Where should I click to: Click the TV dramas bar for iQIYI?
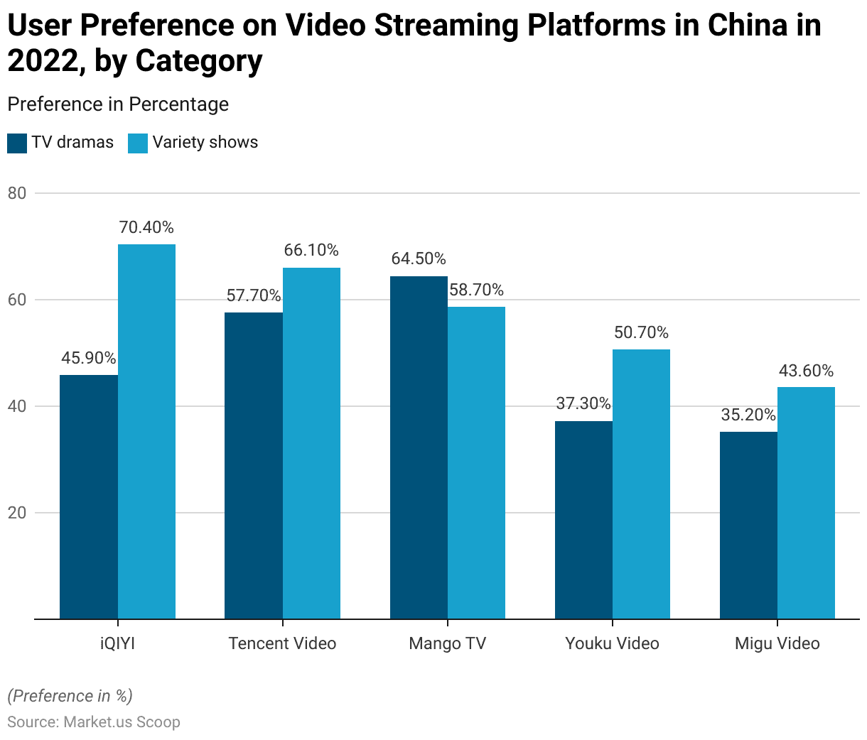[89, 497]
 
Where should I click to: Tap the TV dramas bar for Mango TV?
[419, 447]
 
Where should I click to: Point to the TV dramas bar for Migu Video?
[748, 526]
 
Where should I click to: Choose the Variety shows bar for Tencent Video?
[311, 443]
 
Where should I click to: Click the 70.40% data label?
[146, 228]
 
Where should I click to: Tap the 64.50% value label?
[419, 259]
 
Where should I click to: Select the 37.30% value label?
[583, 404]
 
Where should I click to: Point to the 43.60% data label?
[806, 371]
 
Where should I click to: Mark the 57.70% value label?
[254, 295]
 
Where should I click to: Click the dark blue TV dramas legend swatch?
[17, 143]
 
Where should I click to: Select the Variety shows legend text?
[205, 143]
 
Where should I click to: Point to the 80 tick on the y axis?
[17, 193]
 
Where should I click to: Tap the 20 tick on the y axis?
[17, 513]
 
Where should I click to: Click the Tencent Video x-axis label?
[282, 643]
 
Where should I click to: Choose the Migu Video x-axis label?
[777, 643]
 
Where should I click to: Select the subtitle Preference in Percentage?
[118, 104]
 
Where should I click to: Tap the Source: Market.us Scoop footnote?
[94, 722]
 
